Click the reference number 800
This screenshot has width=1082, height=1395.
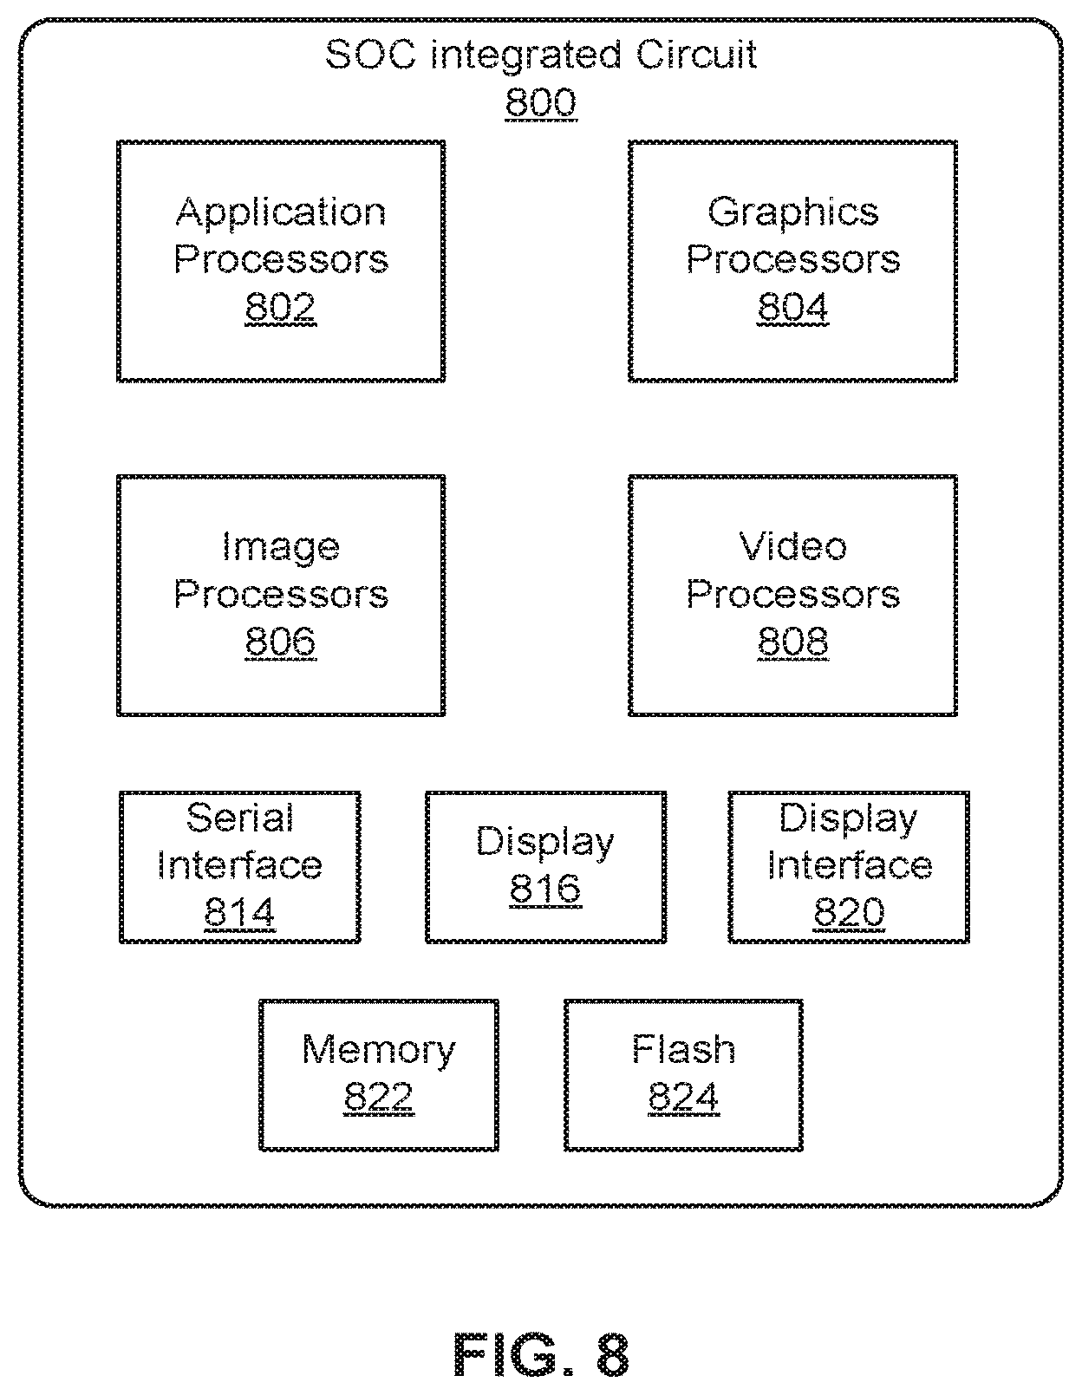click(x=541, y=102)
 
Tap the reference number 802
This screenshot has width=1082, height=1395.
click(x=280, y=307)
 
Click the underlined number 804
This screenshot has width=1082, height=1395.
click(x=792, y=307)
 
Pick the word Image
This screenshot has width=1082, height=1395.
click(x=281, y=549)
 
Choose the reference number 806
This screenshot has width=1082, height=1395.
click(x=280, y=642)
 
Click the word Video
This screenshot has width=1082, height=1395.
click(x=793, y=547)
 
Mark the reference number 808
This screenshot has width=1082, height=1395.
click(x=792, y=642)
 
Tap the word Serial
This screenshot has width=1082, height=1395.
click(x=240, y=818)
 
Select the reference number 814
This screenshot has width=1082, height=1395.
click(x=240, y=911)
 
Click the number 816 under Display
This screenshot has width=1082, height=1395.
click(x=545, y=889)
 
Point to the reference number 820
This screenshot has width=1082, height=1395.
click(x=849, y=911)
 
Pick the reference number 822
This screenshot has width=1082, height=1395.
click(x=379, y=1097)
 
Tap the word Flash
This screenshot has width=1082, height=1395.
click(x=683, y=1050)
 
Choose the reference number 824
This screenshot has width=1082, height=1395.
click(x=683, y=1097)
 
